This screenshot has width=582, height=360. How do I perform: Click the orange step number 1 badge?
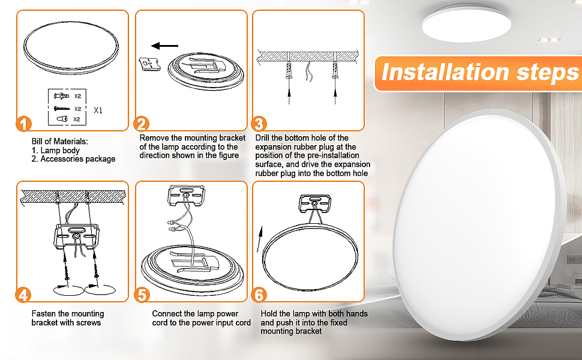tap(24, 124)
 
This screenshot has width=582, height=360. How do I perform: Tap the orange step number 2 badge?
tap(142, 124)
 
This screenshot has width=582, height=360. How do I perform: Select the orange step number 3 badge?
tap(259, 124)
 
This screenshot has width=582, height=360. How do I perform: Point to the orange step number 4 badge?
tap(23, 295)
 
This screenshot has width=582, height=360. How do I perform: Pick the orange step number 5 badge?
tap(142, 295)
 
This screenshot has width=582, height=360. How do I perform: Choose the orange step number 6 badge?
tap(259, 295)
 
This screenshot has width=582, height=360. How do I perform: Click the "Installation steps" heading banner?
tap(478, 73)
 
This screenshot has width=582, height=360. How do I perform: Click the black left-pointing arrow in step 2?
tap(164, 46)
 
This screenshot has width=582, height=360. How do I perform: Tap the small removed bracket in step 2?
tap(149, 64)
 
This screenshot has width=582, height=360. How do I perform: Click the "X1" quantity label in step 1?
tap(98, 110)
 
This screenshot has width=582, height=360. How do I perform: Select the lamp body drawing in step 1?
tap(71, 47)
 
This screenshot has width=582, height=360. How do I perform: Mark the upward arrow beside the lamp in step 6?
tap(260, 239)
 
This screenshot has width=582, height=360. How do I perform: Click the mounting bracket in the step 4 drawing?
tap(77, 237)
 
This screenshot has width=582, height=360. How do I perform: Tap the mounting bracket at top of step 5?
tap(187, 196)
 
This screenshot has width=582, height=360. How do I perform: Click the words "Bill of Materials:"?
tap(60, 142)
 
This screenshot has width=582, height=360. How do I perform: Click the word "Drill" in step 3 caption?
tap(262, 137)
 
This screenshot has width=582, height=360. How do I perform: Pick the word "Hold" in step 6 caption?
tap(268, 314)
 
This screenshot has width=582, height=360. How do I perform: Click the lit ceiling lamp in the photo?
tap(466, 24)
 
